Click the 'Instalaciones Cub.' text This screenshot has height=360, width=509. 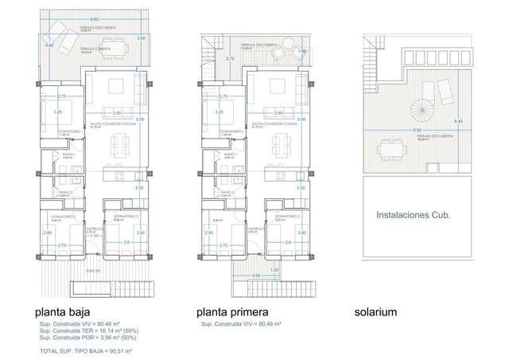pos(413,214)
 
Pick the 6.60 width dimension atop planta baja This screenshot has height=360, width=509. pos(95,18)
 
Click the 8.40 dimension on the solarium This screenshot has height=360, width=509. pos(457,121)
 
